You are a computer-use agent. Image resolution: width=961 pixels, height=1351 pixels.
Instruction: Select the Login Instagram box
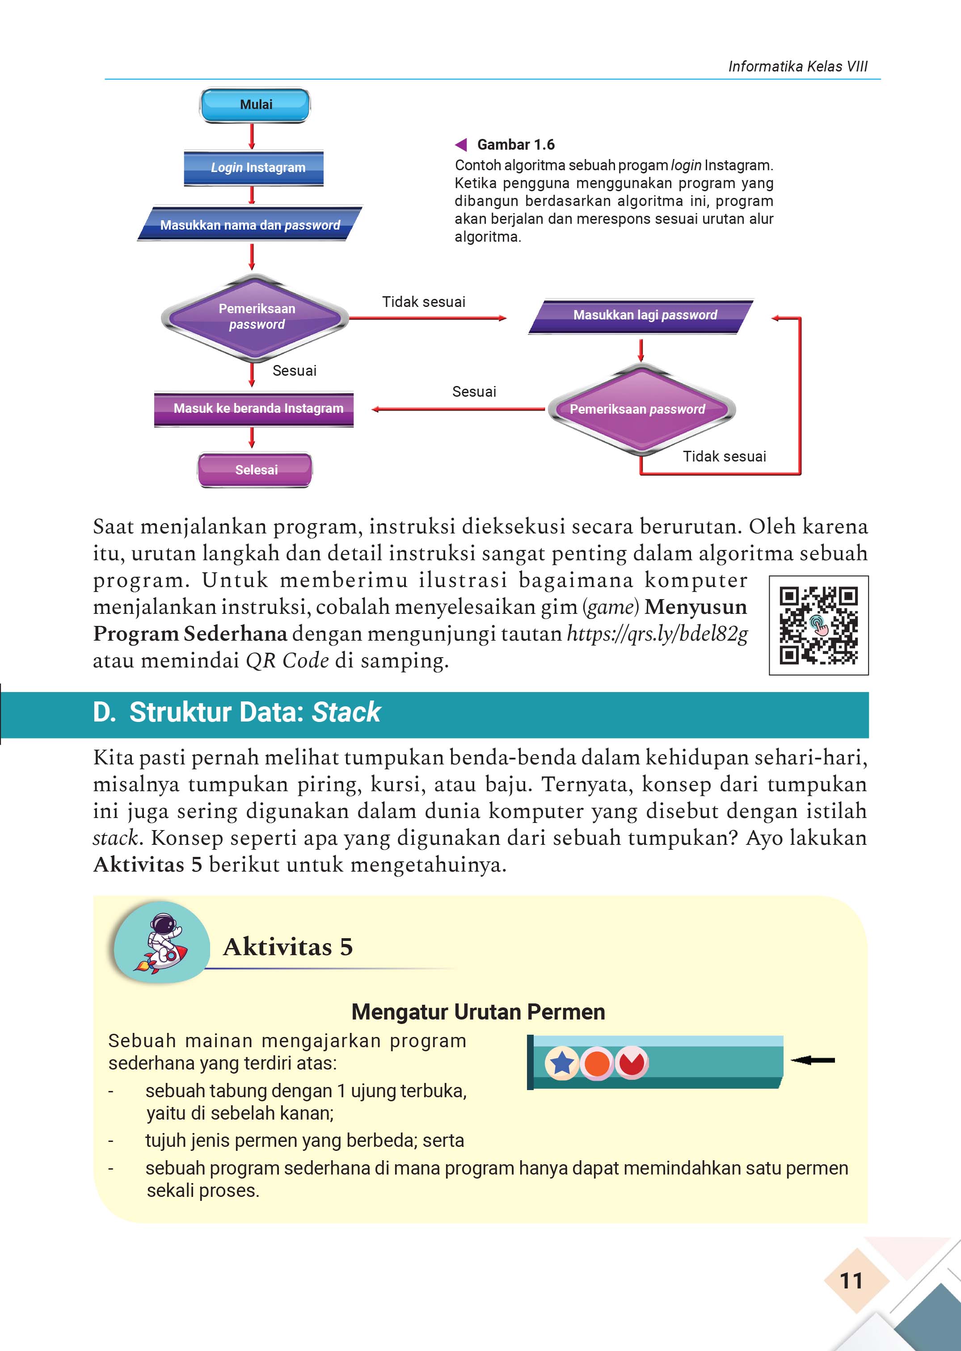click(x=254, y=168)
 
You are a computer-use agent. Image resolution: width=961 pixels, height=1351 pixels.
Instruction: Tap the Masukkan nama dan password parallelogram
click(x=250, y=225)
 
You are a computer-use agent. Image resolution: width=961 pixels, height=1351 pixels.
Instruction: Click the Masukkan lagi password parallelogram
click(x=641, y=316)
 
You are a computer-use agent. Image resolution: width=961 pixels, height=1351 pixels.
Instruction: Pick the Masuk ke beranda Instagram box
click(x=254, y=409)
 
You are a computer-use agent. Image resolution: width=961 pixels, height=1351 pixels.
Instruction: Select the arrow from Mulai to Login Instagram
click(x=252, y=137)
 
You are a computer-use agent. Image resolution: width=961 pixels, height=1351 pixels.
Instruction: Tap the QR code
click(x=818, y=625)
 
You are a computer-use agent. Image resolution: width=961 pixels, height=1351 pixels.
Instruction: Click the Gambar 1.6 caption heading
click(x=515, y=145)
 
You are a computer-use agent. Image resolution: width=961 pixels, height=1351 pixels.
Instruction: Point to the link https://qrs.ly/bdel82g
click(x=657, y=634)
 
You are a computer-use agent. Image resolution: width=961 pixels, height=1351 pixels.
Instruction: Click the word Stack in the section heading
click(x=346, y=712)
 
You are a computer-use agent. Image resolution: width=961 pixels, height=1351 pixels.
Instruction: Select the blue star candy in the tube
click(x=561, y=1063)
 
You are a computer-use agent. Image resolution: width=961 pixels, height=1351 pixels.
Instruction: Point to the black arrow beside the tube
click(x=813, y=1060)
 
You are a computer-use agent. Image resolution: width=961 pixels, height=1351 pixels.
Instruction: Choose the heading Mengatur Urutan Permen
click(x=478, y=1012)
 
